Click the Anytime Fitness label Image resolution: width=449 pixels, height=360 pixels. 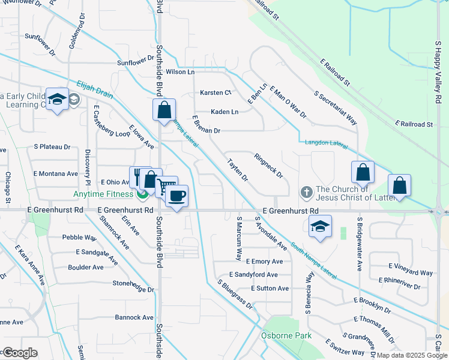tap(103, 194)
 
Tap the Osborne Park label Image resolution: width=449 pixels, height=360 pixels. tap(286, 335)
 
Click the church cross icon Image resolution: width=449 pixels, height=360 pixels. tap(306, 192)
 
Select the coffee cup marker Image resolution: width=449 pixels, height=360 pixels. tap(176, 196)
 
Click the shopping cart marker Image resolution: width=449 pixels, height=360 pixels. tap(166, 187)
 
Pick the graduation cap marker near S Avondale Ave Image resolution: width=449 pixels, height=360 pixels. tap(320, 227)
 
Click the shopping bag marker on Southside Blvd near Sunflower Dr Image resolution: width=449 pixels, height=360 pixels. tap(164, 110)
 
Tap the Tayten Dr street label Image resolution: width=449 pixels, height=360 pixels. tap(237, 170)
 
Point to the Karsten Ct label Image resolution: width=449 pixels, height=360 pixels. tap(215, 92)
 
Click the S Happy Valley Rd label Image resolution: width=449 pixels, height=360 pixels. tap(439, 72)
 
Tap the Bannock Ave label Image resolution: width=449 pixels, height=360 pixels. tap(134, 317)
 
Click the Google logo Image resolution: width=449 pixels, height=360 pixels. tap(20, 353)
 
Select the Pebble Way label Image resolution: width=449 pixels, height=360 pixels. tap(79, 238)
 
